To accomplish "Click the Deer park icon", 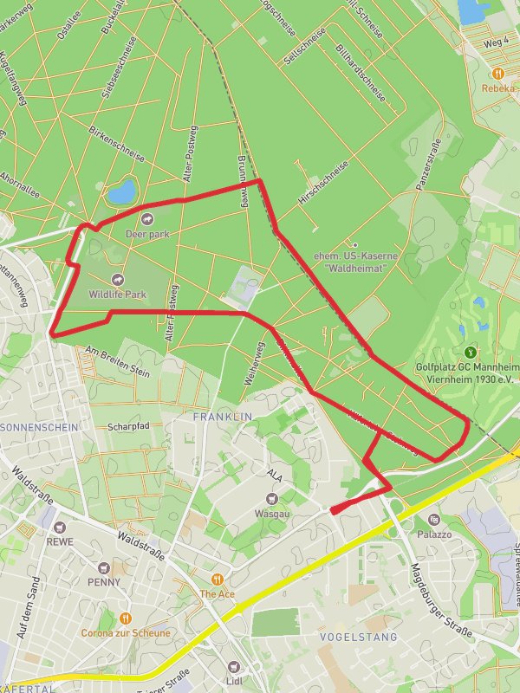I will pos(146,218).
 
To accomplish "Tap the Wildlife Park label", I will pos(118,295).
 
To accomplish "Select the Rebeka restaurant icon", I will pos(498,74).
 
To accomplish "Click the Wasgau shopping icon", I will pos(272,498).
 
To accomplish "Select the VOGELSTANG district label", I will pos(359,637).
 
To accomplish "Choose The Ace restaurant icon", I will pos(218,579).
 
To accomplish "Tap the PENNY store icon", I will pos(104,567).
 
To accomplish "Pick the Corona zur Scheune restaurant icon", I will pos(125,618).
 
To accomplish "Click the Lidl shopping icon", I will pos(233,666).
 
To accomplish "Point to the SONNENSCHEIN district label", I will pos(40,428).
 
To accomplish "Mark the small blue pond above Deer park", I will pos(122,190).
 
